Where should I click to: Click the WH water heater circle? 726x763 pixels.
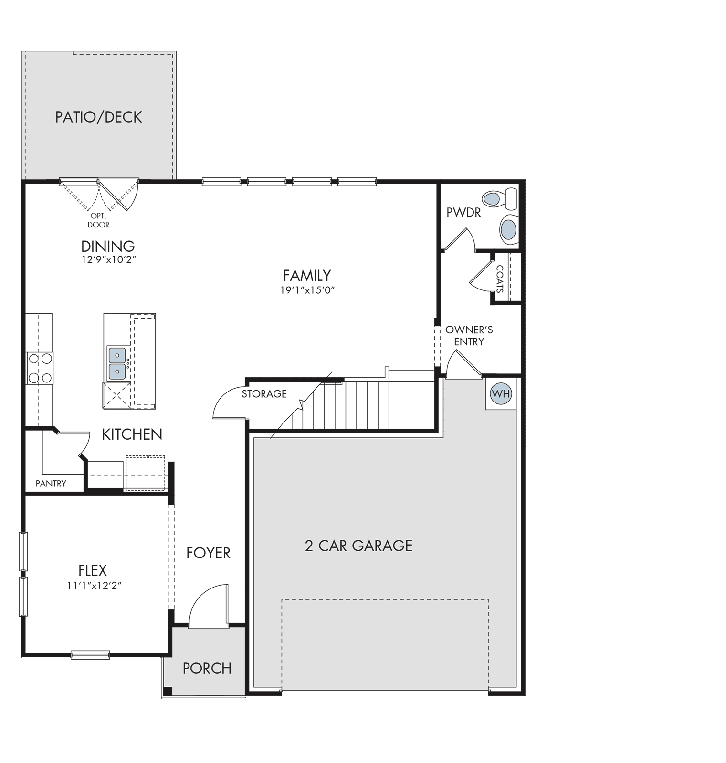(x=501, y=394)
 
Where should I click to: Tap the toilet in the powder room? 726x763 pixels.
(x=500, y=199)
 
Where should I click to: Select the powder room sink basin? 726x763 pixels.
(x=509, y=230)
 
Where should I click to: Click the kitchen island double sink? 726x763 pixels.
(x=117, y=363)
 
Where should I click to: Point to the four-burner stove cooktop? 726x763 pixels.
(x=40, y=368)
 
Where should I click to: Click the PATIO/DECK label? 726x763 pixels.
(x=98, y=117)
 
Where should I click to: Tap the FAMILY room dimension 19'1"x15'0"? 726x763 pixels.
(x=307, y=290)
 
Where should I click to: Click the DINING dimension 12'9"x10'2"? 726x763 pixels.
(x=109, y=260)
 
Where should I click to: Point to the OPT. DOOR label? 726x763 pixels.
(x=98, y=220)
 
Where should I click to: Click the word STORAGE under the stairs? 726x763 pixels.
(x=264, y=394)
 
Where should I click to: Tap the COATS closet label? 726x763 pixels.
(x=500, y=279)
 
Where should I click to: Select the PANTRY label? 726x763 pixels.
(x=51, y=484)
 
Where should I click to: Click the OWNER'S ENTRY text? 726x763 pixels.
(x=469, y=336)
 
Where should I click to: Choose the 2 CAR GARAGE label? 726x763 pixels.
(x=358, y=546)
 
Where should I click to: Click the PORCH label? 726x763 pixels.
(x=207, y=669)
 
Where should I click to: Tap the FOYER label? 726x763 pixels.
(x=208, y=553)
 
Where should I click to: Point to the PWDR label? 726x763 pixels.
(x=463, y=213)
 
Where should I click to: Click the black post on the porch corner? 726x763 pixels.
(x=168, y=691)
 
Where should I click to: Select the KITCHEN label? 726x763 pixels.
(x=132, y=434)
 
